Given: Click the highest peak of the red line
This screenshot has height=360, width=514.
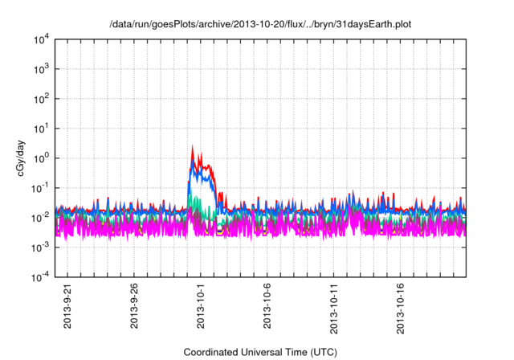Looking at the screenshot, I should (x=193, y=146).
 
